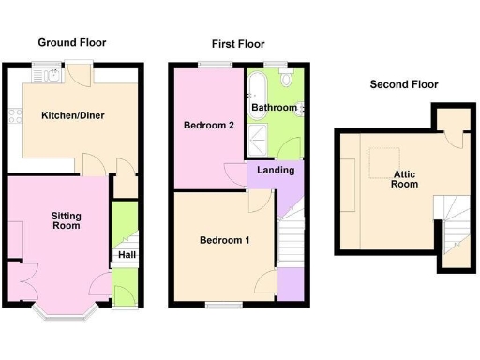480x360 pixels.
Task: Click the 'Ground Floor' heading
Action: [x=71, y=42]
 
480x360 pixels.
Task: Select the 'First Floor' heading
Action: [x=237, y=44]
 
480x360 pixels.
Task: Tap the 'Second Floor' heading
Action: [x=403, y=84]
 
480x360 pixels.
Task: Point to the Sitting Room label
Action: [x=66, y=221]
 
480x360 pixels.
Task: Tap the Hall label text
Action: [x=125, y=254]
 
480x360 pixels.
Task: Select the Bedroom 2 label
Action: [x=208, y=126]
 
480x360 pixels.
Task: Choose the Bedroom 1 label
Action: [x=225, y=241]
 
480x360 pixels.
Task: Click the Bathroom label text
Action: [x=274, y=109]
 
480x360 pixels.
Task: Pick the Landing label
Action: [x=276, y=171]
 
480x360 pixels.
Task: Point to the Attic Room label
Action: [x=404, y=180]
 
